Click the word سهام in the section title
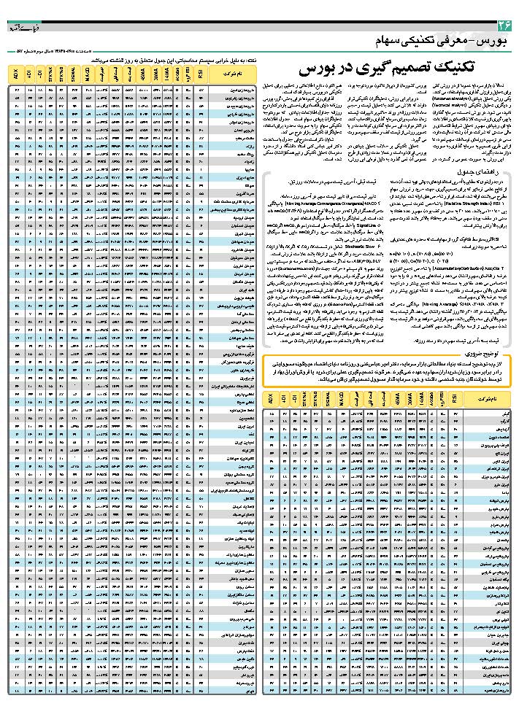click(393, 39)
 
